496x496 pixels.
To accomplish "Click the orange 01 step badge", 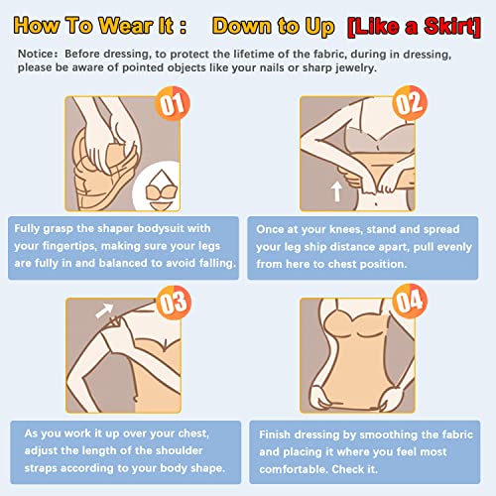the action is pyautogui.click(x=173, y=103).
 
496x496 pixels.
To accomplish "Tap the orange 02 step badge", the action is pyautogui.click(x=410, y=103).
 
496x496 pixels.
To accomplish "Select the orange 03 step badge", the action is pyautogui.click(x=174, y=303).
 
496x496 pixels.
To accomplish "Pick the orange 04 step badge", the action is pyautogui.click(x=410, y=301).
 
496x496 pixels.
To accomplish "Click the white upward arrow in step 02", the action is pyautogui.click(x=336, y=191).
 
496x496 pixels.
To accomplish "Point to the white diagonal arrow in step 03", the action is pyautogui.click(x=104, y=310).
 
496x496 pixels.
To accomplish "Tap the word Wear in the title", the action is pyautogui.click(x=126, y=26).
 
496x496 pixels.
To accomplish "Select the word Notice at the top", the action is pyautogui.click(x=36, y=54).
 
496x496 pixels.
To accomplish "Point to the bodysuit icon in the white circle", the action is pyautogui.click(x=162, y=190).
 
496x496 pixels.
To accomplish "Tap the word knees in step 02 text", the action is pyautogui.click(x=344, y=229).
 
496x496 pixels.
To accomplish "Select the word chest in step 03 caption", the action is pyautogui.click(x=193, y=434).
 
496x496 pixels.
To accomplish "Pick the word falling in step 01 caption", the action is pyautogui.click(x=217, y=264).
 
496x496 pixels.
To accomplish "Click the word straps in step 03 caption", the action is pyautogui.click(x=41, y=468).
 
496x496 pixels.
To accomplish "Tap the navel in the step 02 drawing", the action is pyautogui.click(x=376, y=203).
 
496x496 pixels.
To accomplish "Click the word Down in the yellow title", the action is pyautogui.click(x=242, y=27).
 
